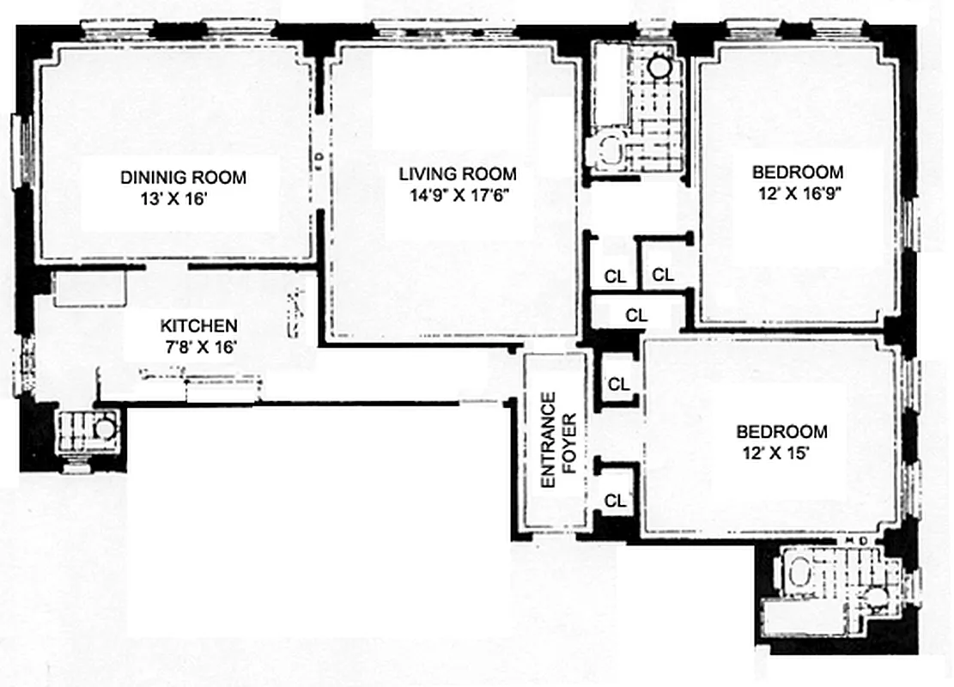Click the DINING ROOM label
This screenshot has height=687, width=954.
click(183, 178)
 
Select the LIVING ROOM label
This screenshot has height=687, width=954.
click(457, 174)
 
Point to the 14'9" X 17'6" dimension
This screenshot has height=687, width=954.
click(460, 195)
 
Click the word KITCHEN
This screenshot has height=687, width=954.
click(198, 326)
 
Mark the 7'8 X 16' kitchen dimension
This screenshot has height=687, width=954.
click(198, 346)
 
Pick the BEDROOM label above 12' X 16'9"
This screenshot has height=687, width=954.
click(797, 172)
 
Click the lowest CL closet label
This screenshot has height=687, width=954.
click(615, 501)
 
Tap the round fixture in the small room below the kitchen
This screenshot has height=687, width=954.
click(103, 427)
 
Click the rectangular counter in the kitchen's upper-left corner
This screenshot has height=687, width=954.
click(90, 289)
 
